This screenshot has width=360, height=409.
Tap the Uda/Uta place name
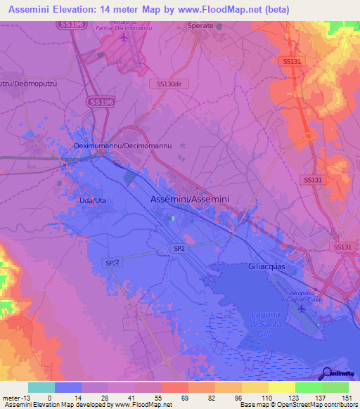[x=91, y=201]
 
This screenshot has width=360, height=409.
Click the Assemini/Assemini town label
[x=190, y=200]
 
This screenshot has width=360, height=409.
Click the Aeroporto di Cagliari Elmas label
[x=301, y=297]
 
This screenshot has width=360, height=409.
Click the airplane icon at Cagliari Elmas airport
[x=302, y=309]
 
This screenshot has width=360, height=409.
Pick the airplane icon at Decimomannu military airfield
[x=124, y=37]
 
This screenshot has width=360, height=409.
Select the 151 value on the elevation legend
[x=345, y=398]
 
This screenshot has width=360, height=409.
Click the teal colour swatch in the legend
[x=41, y=387]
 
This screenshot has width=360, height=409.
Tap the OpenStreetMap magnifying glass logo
[x=325, y=372]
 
